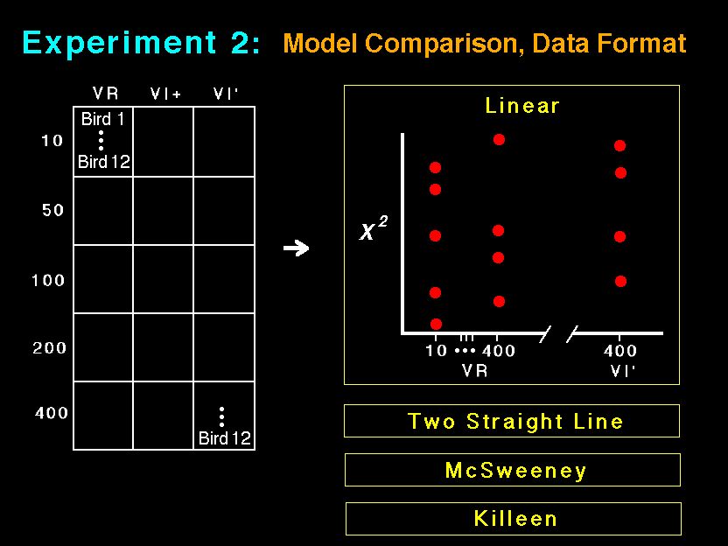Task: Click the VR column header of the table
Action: pyautogui.click(x=105, y=94)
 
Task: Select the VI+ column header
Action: pyautogui.click(x=165, y=94)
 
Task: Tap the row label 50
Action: pyautogui.click(x=52, y=210)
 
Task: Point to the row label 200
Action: pyautogui.click(x=49, y=347)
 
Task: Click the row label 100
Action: pyautogui.click(x=48, y=280)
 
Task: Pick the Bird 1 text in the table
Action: pyautogui.click(x=102, y=119)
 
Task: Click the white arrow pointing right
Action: pyautogui.click(x=297, y=248)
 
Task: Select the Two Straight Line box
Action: pyautogui.click(x=512, y=421)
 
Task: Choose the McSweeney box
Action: pyautogui.click(x=513, y=470)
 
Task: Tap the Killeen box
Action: pyautogui.click(x=514, y=519)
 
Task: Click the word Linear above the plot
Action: pyautogui.click(x=521, y=106)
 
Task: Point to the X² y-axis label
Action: pyautogui.click(x=374, y=228)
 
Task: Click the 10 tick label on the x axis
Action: pyautogui.click(x=436, y=350)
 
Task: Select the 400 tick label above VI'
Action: pyautogui.click(x=619, y=350)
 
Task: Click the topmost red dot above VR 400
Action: pyautogui.click(x=499, y=139)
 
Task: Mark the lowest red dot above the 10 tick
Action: pyautogui.click(x=436, y=324)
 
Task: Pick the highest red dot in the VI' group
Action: pyautogui.click(x=619, y=145)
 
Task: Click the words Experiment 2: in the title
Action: pyautogui.click(x=141, y=43)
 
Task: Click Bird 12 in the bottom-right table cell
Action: pyautogui.click(x=224, y=437)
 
